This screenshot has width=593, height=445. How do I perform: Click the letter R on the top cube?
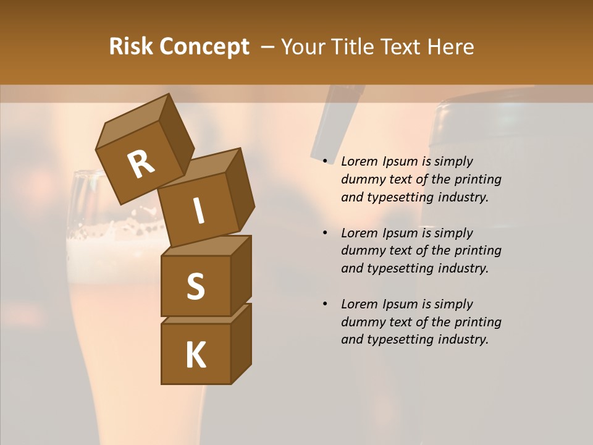pos(141,165)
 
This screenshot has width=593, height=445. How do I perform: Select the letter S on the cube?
pos(195,286)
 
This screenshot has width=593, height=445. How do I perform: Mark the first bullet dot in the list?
pos(325,161)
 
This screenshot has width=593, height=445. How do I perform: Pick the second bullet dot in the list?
pos(325,233)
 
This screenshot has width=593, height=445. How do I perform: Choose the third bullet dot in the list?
pos(325,304)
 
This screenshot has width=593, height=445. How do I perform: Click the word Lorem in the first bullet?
pos(358,161)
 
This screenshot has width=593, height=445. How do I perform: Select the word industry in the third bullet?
pos(463,339)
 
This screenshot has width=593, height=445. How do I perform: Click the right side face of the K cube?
pos(241,343)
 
